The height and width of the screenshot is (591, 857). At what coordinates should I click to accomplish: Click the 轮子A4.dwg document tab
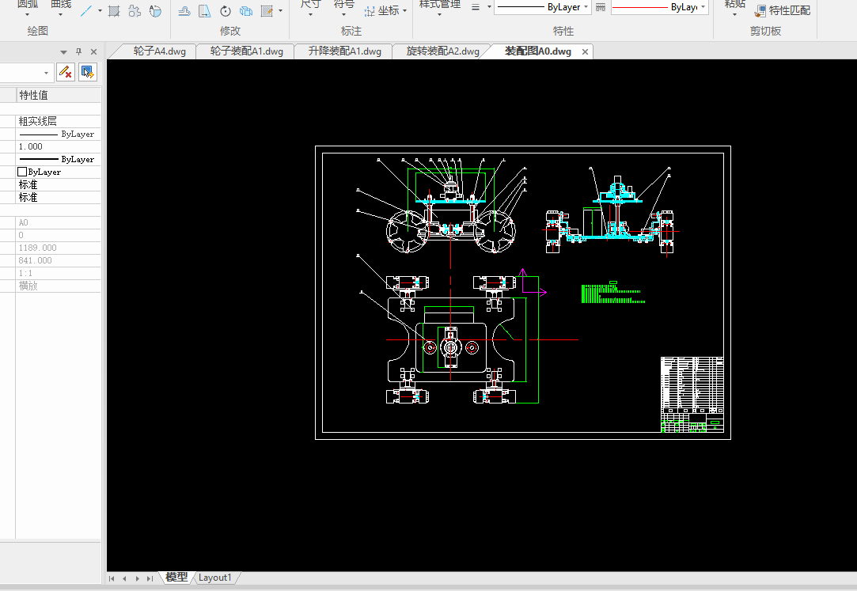159,51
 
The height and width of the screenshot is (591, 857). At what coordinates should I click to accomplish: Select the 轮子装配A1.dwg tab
246,51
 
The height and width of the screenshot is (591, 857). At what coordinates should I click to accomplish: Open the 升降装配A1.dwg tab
344,51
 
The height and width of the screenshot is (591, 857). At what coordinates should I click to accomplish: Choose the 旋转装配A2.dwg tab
442,51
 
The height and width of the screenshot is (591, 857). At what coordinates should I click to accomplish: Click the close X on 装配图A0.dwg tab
586,52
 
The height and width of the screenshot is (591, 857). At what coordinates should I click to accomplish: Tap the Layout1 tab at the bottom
214,578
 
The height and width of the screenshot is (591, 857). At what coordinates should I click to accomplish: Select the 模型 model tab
176,578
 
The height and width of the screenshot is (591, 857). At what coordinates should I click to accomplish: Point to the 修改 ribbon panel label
229,31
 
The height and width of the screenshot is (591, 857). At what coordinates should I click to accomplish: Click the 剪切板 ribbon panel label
765,31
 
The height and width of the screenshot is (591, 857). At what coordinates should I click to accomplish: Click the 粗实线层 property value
38,121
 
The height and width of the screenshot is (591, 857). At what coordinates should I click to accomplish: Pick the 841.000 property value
35,260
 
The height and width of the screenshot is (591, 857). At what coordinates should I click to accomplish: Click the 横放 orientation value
28,286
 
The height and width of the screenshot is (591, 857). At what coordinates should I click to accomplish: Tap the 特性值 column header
34,95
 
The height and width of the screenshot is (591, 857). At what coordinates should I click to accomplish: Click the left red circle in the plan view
429,347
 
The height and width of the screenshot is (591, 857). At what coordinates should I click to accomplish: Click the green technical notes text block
611,294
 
